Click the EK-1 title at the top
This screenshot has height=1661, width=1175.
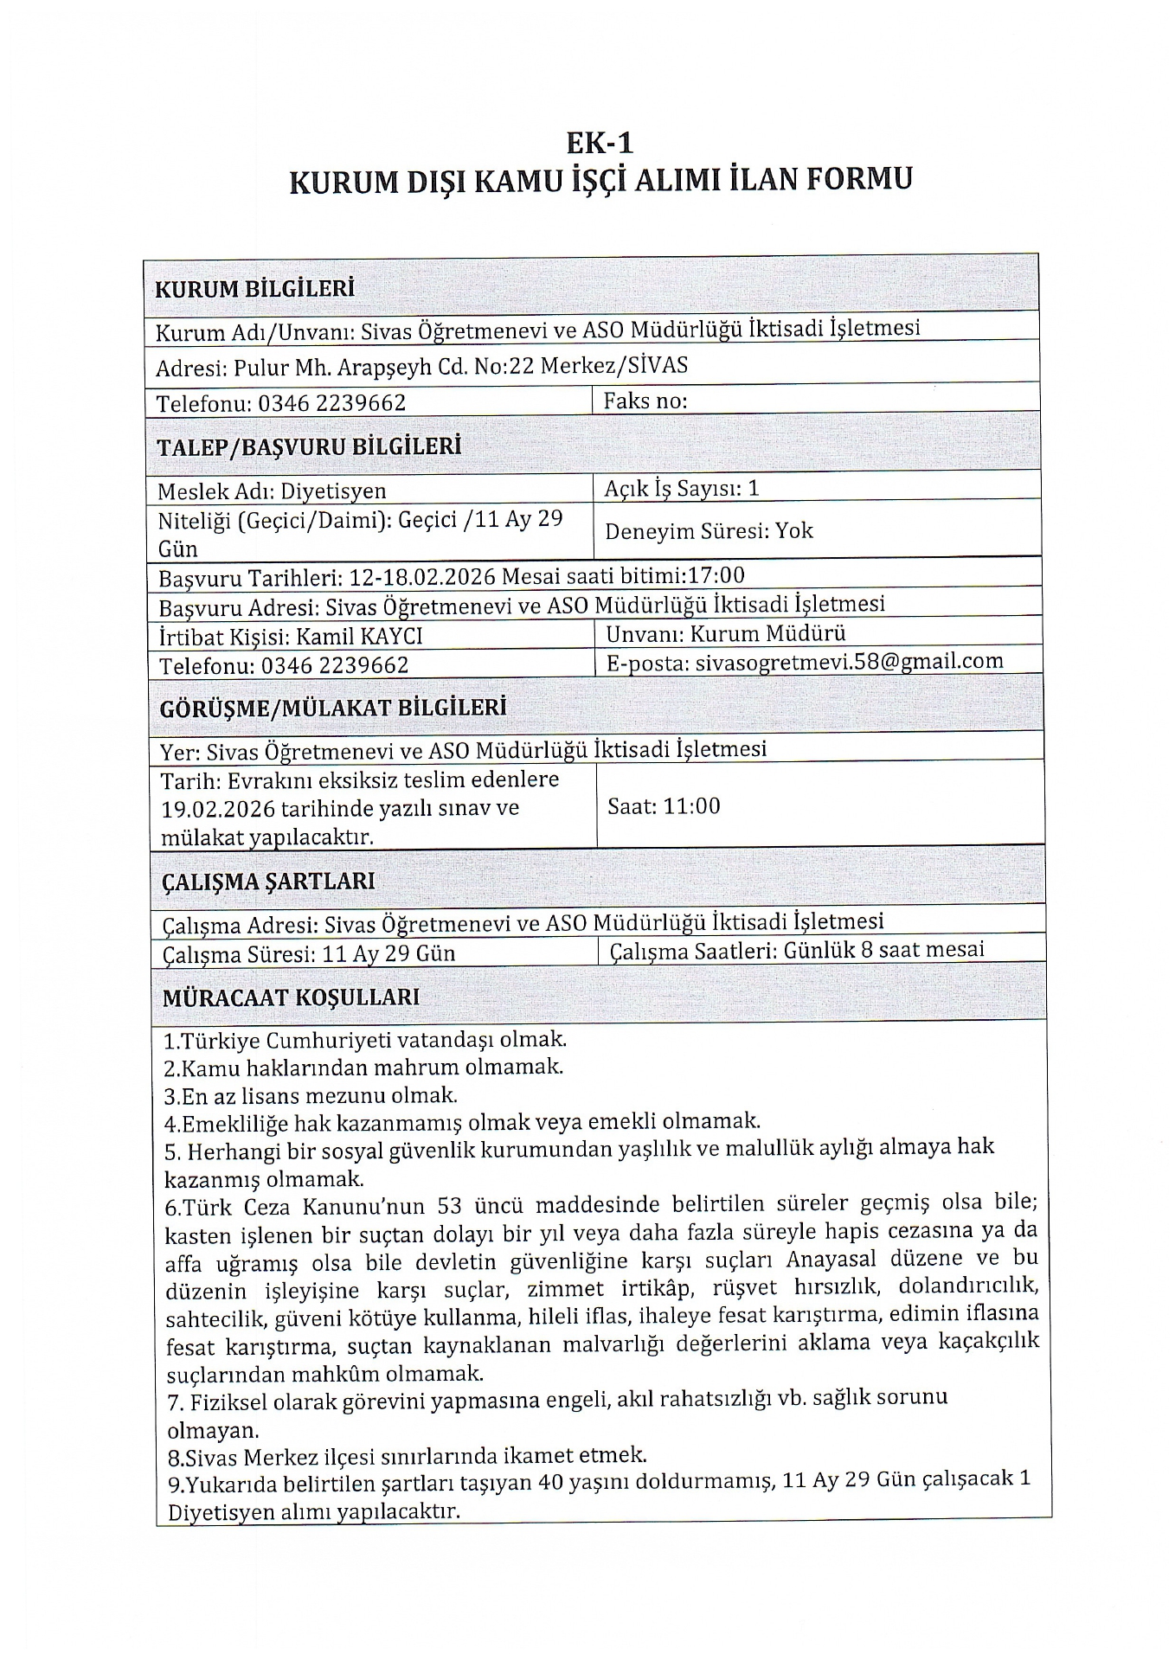pyautogui.click(x=600, y=142)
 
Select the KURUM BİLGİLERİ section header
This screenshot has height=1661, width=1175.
pyautogui.click(x=254, y=289)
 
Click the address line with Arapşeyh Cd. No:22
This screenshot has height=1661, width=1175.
pyautogui.click(x=421, y=366)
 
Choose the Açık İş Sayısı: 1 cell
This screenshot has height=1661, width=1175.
pyautogui.click(x=681, y=489)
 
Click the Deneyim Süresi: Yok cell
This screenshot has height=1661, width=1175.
pyautogui.click(x=709, y=530)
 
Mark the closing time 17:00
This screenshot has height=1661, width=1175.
pyautogui.click(x=716, y=575)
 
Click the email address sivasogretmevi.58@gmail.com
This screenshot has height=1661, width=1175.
pyautogui.click(x=849, y=662)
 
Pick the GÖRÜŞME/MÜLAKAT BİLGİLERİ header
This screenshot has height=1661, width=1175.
pyautogui.click(x=333, y=708)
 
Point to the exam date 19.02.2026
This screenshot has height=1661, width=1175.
pyautogui.click(x=218, y=809)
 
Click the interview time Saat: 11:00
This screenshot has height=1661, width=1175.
pyautogui.click(x=664, y=806)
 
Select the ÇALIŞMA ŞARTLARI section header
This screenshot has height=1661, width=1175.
pyautogui.click(x=268, y=882)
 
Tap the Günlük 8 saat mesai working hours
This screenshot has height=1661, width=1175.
pyautogui.click(x=883, y=950)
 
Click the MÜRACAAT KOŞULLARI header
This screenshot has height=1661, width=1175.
pyautogui.click(x=291, y=997)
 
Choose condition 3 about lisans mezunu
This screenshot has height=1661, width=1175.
pyautogui.click(x=311, y=1095)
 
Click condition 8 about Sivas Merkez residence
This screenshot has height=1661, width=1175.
pyautogui.click(x=407, y=1455)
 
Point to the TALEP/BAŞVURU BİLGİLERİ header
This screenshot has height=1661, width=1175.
pyautogui.click(x=309, y=447)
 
